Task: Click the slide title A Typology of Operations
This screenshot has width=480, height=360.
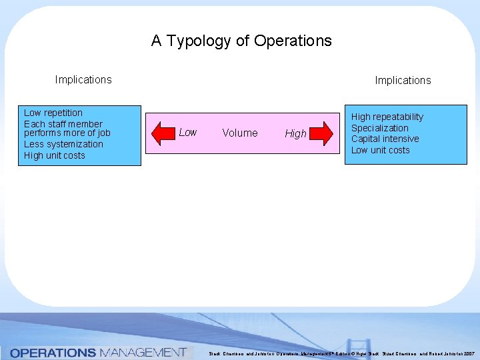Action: point(241,41)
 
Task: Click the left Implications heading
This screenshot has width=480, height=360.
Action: point(83,80)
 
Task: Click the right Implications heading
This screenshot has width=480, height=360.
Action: point(403,81)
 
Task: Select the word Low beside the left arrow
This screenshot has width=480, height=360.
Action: point(188,133)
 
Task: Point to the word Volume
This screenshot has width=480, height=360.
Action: point(240,133)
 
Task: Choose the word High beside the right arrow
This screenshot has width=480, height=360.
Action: point(295,134)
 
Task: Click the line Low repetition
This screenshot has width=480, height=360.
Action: point(53,113)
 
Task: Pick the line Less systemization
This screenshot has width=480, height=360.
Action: point(63,144)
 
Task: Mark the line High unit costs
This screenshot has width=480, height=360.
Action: point(55,155)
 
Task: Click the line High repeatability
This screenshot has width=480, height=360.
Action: point(387,117)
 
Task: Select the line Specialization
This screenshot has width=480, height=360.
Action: point(380,128)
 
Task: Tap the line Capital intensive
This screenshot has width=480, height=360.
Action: point(385,139)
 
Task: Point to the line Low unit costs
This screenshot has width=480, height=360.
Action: point(381,150)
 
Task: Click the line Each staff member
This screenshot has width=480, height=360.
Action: point(63,124)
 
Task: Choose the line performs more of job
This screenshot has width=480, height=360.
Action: point(67,133)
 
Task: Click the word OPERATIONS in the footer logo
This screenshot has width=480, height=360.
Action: point(53,353)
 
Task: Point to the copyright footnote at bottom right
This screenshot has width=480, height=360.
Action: point(341,353)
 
